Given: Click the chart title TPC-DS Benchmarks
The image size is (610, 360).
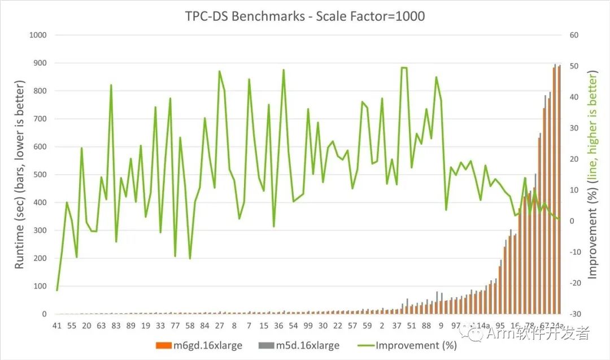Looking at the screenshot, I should pos(305,16).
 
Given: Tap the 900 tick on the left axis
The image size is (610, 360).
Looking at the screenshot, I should pos(39,63).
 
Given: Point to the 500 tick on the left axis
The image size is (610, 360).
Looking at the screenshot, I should pos(39,175).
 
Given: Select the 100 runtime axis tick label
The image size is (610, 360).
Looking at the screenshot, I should pos(39,286).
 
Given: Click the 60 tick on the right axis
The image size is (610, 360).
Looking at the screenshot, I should pos(574,35).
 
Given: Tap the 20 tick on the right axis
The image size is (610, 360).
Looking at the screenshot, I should pos(574,159).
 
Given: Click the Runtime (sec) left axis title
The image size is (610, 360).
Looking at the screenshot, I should pos(20,175).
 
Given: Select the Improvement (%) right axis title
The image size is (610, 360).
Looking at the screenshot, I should pos(592,175).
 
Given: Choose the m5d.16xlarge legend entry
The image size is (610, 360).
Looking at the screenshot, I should pos(307,346).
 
